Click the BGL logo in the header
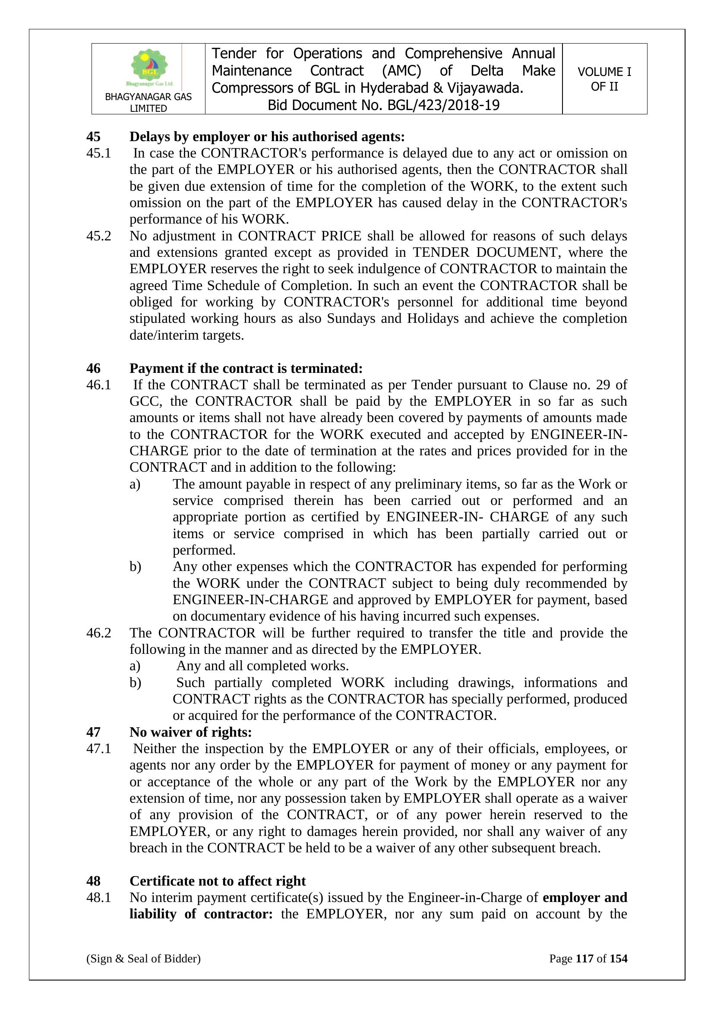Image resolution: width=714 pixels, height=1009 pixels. pos(149,67)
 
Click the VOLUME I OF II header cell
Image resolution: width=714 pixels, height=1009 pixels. pos(604,79)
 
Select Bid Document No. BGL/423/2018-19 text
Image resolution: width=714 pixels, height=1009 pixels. pos(383,105)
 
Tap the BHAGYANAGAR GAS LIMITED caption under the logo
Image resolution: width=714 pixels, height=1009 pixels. pos(148,102)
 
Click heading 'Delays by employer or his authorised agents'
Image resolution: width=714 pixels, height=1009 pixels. pos(267,137)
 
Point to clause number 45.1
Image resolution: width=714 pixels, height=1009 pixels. pos(98,153)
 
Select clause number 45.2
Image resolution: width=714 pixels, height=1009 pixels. pos(98,236)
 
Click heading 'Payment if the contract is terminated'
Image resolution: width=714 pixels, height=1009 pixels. pos(246,368)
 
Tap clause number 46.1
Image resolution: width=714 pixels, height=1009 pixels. pos(98,385)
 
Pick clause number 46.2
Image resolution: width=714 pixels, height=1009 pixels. pos(98,633)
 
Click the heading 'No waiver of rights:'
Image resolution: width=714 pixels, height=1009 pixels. pos(190,732)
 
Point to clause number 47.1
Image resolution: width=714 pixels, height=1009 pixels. pos(98,749)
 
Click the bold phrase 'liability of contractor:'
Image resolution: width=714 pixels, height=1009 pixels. pos(201,914)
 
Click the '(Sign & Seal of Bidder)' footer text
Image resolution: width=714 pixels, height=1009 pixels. pos(143,959)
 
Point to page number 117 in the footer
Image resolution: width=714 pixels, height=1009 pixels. pos(584,959)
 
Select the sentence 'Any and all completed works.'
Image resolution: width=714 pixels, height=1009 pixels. pos(262,666)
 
